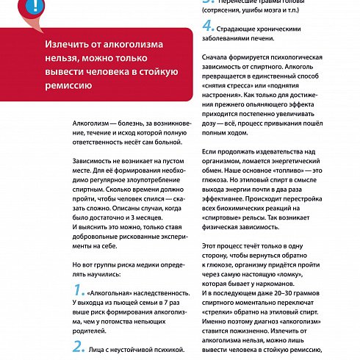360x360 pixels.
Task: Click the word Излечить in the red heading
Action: pos(65,47)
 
